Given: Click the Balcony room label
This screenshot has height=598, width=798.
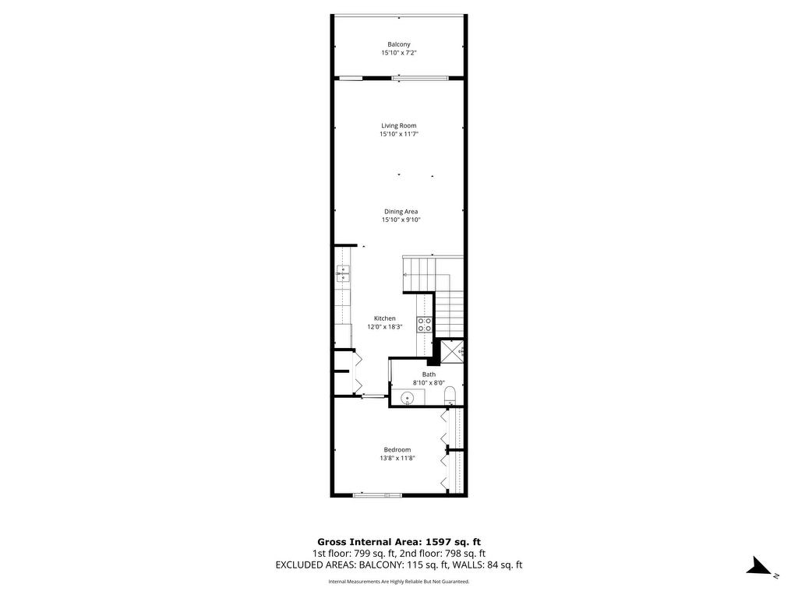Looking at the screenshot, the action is coord(398,44).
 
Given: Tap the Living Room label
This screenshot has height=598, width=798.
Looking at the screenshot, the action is coord(399,125).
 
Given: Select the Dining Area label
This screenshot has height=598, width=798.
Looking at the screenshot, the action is coord(401,212).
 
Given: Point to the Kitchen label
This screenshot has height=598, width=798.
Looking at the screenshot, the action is coord(385,318).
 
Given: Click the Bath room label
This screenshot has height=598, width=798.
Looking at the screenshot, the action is coord(429,375).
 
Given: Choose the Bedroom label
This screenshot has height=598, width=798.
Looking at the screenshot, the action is coord(397,449).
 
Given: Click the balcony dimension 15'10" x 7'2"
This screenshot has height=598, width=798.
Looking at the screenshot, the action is coord(399,53).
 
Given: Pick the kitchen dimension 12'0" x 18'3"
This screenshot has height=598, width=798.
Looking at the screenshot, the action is coord(385,327).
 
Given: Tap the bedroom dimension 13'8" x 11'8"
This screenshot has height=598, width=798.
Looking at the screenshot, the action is coord(397,458).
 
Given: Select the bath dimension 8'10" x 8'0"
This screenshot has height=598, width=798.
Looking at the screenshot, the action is coord(429,383).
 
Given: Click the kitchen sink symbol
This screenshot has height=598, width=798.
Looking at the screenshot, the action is coord(343,273).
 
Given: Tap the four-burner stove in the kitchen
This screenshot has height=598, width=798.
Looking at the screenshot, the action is coord(425,325).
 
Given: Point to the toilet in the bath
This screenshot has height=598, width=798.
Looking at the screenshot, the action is coord(450,396).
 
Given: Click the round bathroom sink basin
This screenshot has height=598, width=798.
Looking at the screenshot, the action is coord(407,398).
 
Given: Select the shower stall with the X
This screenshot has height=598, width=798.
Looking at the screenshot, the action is coord(451,351).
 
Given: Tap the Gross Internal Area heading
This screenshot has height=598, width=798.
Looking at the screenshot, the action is coord(399,542).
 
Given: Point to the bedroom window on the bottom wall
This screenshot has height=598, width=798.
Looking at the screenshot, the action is coord(376,494).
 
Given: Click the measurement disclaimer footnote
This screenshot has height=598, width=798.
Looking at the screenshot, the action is coord(399,581).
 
